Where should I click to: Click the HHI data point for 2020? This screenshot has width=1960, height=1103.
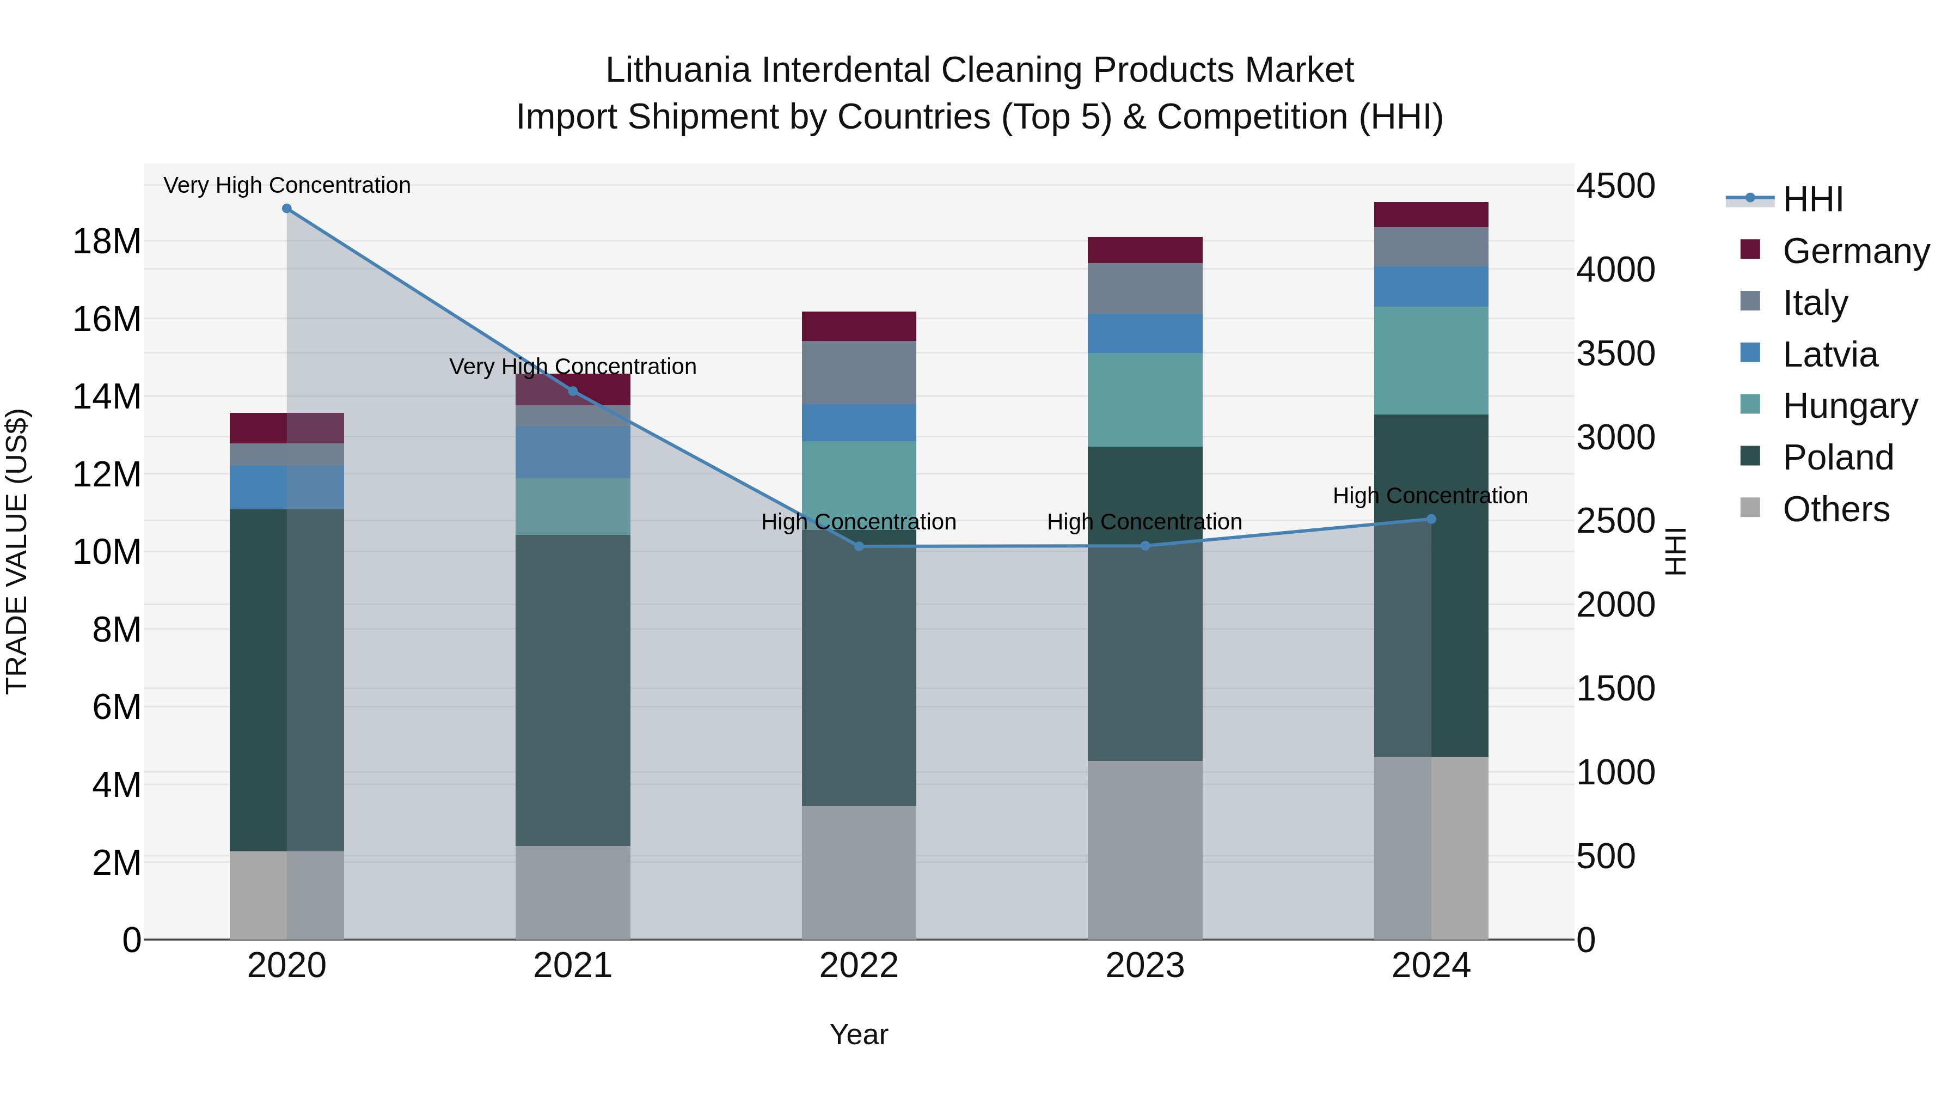coord(287,209)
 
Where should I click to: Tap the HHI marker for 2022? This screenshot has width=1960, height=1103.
coord(859,546)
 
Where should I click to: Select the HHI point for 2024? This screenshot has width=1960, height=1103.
coord(1431,519)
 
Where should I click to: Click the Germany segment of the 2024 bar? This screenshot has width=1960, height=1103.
coord(1431,215)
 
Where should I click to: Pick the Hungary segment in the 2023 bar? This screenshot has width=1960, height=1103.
coord(1145,400)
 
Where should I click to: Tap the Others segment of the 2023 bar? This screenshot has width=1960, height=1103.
coord(1145,850)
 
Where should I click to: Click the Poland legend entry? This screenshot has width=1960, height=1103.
coord(1837,458)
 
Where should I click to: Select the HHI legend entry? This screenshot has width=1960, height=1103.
coord(1812,199)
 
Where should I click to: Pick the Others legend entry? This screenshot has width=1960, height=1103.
coord(1835,509)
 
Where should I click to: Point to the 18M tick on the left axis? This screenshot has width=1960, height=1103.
coord(107,242)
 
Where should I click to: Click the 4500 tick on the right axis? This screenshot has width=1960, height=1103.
coord(1615,186)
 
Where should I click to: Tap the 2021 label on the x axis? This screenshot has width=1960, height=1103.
coord(573,966)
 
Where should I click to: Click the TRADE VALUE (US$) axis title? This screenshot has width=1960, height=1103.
coord(17,551)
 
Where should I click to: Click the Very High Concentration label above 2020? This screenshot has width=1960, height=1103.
coord(287,186)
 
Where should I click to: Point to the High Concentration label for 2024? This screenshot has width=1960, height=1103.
coord(1430,496)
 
